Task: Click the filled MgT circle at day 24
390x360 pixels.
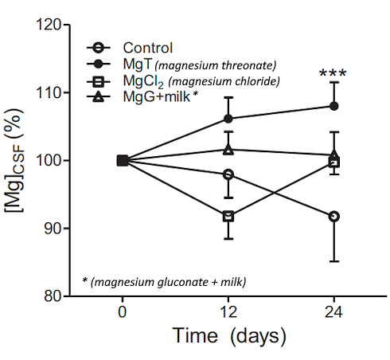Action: pos(334,106)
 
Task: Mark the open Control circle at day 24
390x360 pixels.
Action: pos(334,216)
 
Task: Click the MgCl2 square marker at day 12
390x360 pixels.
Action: pos(228,216)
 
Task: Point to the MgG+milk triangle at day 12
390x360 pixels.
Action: pos(228,149)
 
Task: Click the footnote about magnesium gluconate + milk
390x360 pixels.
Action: pos(165,281)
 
